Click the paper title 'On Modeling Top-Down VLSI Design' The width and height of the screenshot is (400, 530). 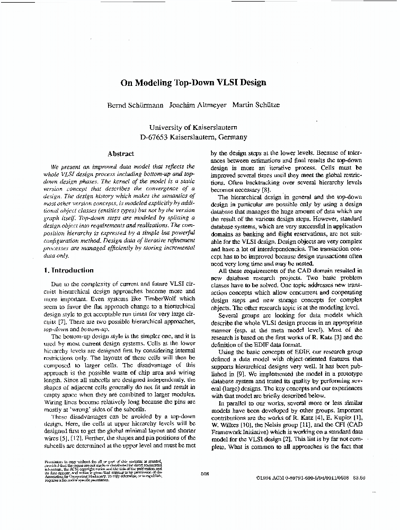[193, 83]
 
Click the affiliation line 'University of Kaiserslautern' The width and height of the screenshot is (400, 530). [193, 127]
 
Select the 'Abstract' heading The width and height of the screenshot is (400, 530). [121, 154]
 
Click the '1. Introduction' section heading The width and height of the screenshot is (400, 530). [69, 270]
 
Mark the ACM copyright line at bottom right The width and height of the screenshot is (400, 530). [309, 477]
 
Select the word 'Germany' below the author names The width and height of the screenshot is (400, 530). [232, 137]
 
